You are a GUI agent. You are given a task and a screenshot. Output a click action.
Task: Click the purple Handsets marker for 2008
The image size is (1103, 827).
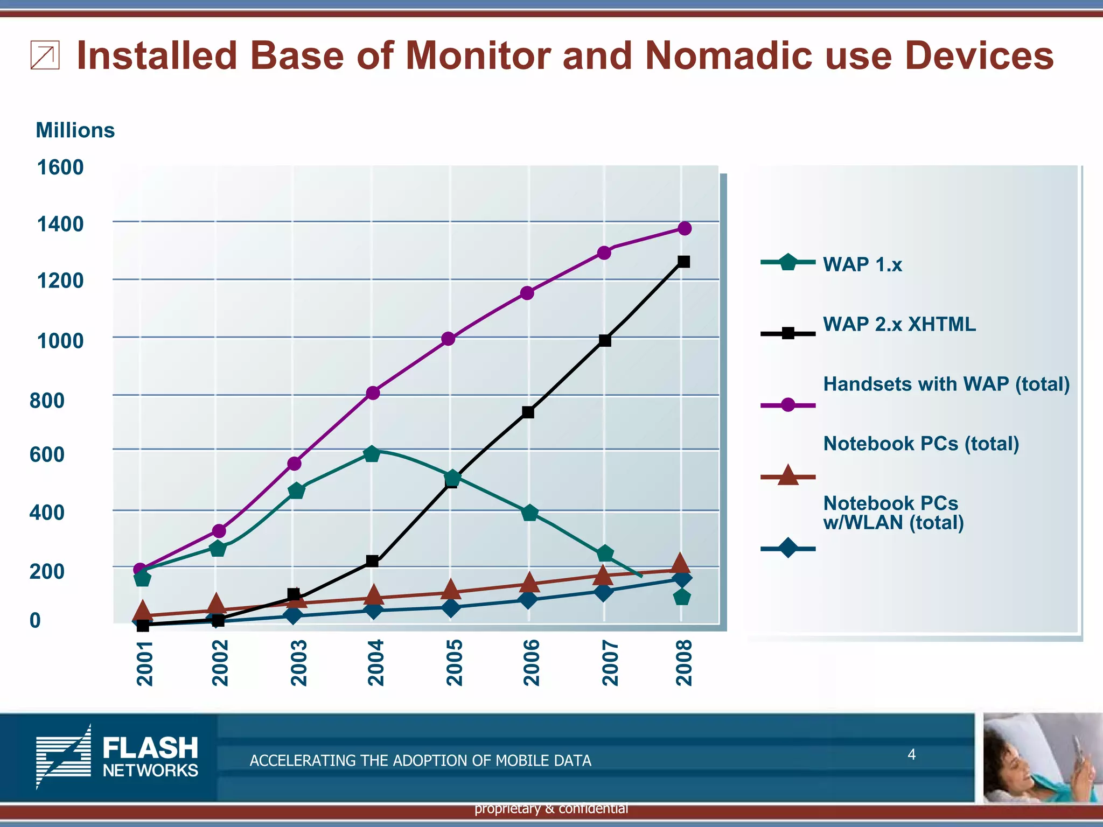click(684, 228)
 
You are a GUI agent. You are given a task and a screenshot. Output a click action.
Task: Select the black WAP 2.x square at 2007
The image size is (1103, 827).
click(605, 340)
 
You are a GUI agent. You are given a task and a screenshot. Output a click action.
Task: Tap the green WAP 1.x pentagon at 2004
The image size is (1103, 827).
click(372, 454)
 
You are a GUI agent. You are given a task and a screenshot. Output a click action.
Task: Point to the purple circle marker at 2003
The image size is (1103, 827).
click(294, 464)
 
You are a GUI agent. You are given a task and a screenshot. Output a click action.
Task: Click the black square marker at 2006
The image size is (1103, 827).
click(528, 412)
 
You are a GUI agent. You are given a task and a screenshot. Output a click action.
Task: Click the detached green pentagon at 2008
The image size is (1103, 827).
click(682, 597)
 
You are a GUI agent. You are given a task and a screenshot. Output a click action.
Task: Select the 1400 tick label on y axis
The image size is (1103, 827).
click(60, 223)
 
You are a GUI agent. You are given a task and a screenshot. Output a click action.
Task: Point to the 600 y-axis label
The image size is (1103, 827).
click(47, 454)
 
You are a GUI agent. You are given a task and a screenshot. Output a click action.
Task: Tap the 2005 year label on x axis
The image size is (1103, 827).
click(455, 663)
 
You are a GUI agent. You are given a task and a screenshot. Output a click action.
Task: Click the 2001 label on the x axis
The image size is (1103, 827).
click(144, 663)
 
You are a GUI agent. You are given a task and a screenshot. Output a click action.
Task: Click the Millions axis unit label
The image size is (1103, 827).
click(75, 130)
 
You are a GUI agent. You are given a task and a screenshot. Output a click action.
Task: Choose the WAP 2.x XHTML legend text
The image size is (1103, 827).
click(899, 324)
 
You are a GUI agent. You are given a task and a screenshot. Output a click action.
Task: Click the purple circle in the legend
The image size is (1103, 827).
click(787, 405)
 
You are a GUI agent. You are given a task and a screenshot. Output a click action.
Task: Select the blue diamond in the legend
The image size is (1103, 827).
click(787, 549)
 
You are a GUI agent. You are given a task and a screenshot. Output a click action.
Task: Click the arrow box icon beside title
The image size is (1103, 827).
click(45, 56)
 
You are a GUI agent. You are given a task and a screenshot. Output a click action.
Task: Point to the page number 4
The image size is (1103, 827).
click(911, 754)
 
